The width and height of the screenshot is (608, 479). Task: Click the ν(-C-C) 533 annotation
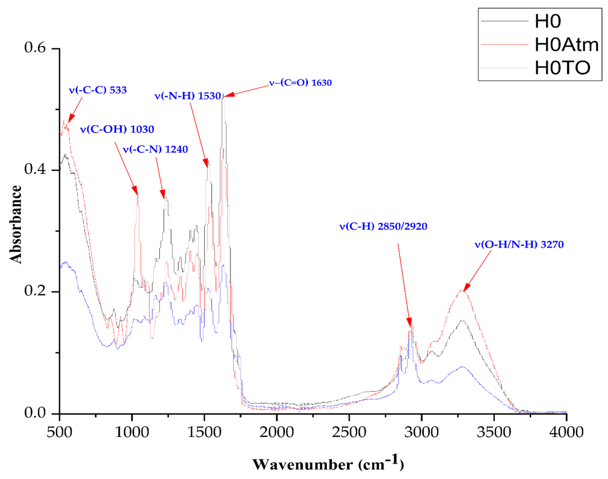pyautogui.click(x=98, y=90)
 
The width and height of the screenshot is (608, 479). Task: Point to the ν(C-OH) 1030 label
pyautogui.click(x=117, y=129)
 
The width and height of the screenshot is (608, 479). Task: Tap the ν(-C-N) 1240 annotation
pyautogui.click(x=155, y=149)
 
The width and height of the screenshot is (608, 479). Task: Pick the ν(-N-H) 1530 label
pyautogui.click(x=188, y=96)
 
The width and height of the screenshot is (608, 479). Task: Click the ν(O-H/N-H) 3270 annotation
pyautogui.click(x=519, y=245)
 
